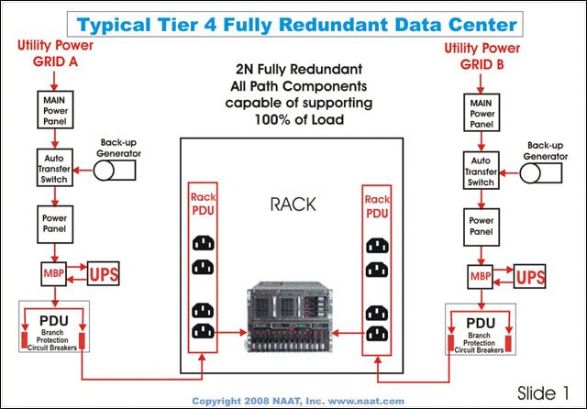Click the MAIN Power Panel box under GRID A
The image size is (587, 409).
50,107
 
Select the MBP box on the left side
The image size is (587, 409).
50,273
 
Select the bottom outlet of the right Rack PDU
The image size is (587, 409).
379,333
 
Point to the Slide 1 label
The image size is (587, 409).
546,391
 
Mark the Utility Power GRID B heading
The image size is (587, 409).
481,55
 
